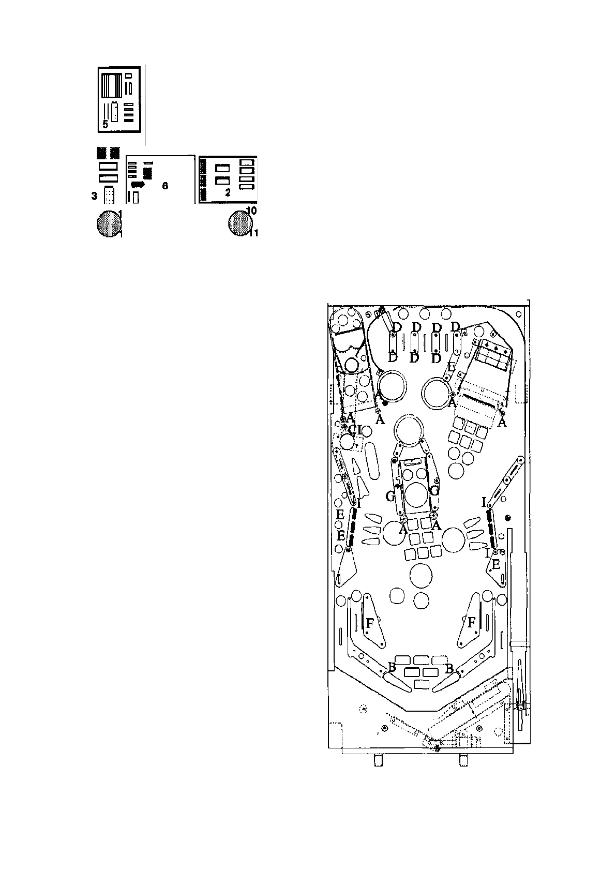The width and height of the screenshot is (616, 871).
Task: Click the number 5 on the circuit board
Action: pos(105,125)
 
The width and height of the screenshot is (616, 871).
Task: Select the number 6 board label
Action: pos(165,186)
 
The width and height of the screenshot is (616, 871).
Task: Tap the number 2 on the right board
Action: pos(227,193)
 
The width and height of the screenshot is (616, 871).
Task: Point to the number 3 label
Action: pos(94,196)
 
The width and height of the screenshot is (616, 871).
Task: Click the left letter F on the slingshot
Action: pos(370,623)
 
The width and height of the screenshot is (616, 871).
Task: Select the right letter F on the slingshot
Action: pos(471,623)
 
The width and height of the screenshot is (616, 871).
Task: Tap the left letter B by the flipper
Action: pos(392,667)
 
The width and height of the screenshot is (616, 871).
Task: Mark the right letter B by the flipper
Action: pos(449,668)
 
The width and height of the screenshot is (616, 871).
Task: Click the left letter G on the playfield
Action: pos(390,497)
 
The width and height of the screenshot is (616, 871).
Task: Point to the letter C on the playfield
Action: pos(352,429)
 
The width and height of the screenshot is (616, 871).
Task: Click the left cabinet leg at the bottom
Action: pos(377,760)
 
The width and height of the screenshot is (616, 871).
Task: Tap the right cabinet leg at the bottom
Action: pos(463,760)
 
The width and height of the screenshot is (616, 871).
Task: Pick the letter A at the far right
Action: pos(501,423)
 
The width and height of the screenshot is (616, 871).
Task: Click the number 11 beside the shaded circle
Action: pos(253,234)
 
